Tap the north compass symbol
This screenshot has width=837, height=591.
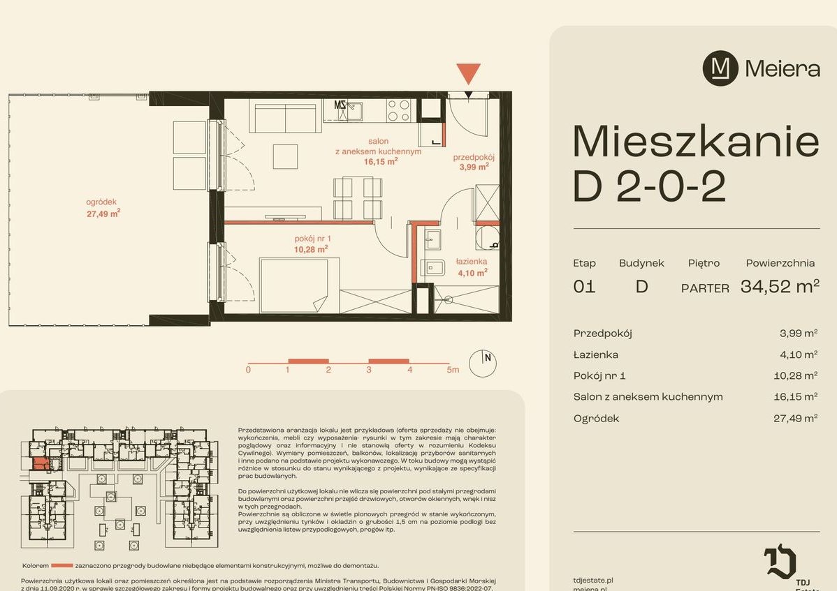[483, 362]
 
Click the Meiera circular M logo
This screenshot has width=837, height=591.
[720, 68]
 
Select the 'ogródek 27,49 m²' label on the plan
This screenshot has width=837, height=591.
[103, 208]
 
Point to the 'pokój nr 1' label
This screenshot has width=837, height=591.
[312, 244]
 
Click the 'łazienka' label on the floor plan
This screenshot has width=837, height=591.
[471, 267]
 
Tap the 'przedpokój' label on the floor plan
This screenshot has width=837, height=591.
[473, 162]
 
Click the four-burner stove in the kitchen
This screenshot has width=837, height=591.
[398, 111]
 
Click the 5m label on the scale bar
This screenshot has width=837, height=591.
[453, 370]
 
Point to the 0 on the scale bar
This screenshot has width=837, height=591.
[248, 370]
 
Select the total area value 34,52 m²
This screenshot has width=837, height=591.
[779, 286]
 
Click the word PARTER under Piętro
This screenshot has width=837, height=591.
[705, 288]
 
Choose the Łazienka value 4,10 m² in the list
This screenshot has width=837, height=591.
[799, 354]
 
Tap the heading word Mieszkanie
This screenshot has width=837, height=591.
[695, 142]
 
